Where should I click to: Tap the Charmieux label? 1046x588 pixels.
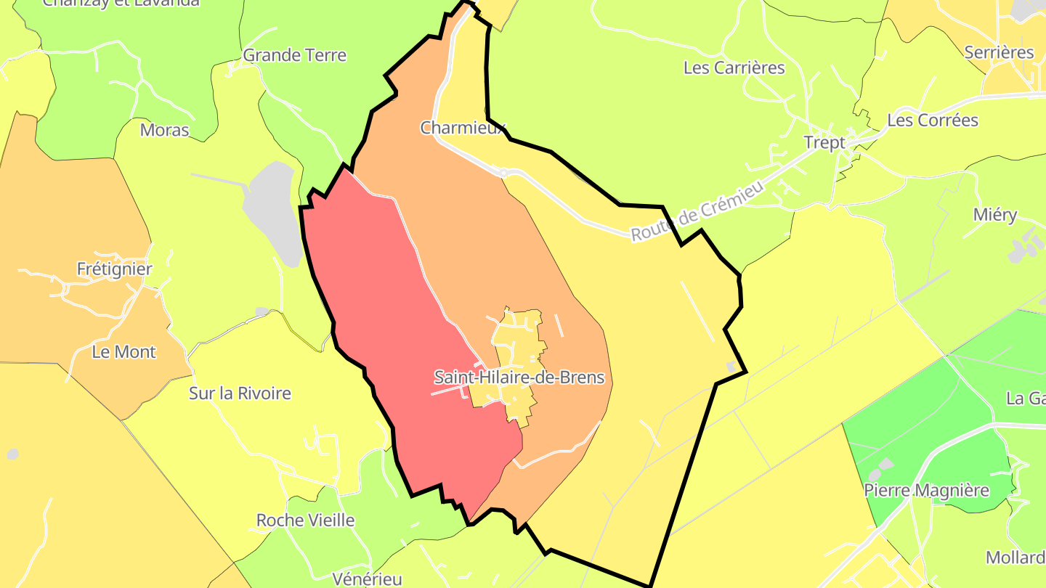pyautogui.click(x=463, y=128)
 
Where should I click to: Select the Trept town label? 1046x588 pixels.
pyautogui.click(x=825, y=142)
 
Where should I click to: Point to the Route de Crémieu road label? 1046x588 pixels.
pyautogui.click(x=697, y=211)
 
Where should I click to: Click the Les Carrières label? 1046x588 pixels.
pyautogui.click(x=734, y=68)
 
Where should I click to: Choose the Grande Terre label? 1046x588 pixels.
pyautogui.click(x=294, y=55)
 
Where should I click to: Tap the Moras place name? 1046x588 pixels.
pyautogui.click(x=164, y=131)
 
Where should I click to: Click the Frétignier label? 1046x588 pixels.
pyautogui.click(x=115, y=269)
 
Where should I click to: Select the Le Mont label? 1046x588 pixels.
pyautogui.click(x=124, y=352)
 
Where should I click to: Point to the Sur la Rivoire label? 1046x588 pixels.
pyautogui.click(x=240, y=393)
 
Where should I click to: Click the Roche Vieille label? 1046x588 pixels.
pyautogui.click(x=305, y=520)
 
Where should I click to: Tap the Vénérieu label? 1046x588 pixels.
pyautogui.click(x=367, y=579)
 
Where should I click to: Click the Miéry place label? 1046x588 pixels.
pyautogui.click(x=995, y=215)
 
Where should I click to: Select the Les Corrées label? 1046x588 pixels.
pyautogui.click(x=933, y=121)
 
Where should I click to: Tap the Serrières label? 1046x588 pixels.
pyautogui.click(x=999, y=52)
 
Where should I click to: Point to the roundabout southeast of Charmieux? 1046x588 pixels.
pyautogui.click(x=503, y=173)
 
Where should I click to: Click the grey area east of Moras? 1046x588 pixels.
pyautogui.click(x=270, y=211)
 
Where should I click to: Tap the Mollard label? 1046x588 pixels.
pyautogui.click(x=1015, y=558)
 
